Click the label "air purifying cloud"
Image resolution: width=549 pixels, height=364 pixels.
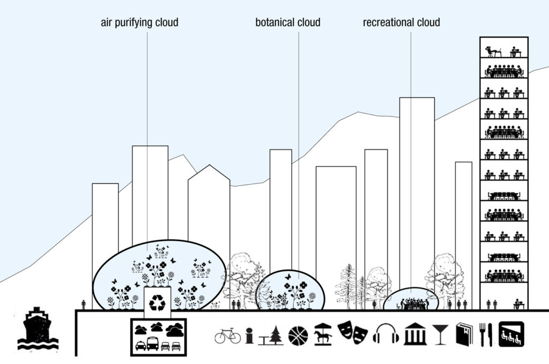pos(139,23)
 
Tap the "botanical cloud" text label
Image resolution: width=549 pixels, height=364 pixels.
pos(288,23)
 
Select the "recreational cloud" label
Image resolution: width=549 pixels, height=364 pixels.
pos(401,23)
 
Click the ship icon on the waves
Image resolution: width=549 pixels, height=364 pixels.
pos(38,329)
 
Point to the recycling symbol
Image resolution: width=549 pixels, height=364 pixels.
pos(157,302)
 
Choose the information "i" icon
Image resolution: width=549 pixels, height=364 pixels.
pos(249,336)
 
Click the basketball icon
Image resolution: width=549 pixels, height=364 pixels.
pos(298,336)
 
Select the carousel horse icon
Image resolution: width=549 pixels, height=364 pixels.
pos(322,335)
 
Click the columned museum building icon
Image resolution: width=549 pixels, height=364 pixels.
pos(416,335)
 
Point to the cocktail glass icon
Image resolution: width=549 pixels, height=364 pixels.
pos(440,335)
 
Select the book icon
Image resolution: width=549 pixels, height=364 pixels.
pos(464,335)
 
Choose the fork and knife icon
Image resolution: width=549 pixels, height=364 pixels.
pos(486,335)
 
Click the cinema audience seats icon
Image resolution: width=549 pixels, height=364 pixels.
pos(511,334)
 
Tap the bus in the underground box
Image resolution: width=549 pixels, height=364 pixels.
pos(153,344)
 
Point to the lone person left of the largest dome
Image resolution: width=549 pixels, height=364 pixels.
pos(83,305)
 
